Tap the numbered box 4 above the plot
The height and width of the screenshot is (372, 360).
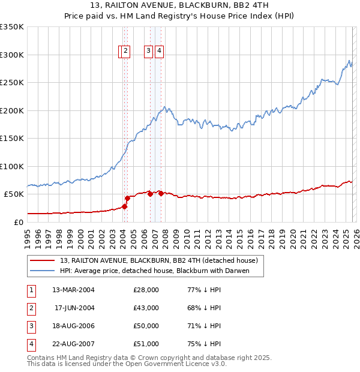[159, 52]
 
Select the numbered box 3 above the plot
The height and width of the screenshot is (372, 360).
[148, 52]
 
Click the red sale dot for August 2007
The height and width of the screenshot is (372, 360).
[161, 193]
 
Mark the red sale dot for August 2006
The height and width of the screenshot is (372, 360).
[150, 194]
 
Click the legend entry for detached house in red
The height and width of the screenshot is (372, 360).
[158, 260]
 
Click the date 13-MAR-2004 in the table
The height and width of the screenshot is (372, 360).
[73, 290]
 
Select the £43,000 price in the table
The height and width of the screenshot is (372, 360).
[146, 308]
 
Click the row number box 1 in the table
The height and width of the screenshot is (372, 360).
[30, 290]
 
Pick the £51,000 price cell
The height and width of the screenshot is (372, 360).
[146, 344]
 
